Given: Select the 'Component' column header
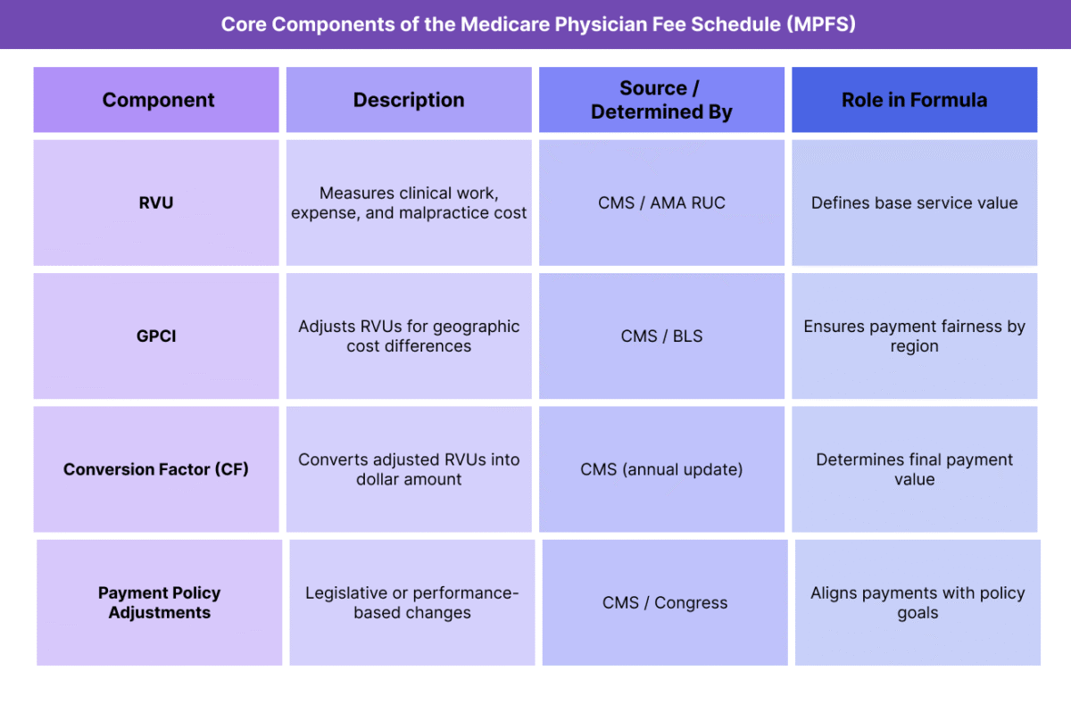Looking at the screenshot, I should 158,100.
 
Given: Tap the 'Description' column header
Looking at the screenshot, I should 409,100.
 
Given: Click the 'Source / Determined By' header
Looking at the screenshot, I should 661,100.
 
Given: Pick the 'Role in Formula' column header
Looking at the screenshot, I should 914,100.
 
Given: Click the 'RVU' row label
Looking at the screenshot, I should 156,203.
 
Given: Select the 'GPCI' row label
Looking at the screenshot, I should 156,336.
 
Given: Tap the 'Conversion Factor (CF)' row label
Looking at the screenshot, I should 156,469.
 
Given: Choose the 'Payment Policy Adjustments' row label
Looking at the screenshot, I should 159,602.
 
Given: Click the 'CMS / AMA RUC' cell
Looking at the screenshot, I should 661,203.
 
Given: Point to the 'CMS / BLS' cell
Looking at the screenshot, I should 661,336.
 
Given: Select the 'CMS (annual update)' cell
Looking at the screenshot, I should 661,469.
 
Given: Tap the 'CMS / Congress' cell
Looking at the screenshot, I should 665,602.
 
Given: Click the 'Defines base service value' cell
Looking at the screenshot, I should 914,203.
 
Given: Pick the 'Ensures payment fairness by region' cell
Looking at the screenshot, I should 914,336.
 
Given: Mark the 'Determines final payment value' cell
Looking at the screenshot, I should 914,469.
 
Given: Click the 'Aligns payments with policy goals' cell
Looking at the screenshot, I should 917,602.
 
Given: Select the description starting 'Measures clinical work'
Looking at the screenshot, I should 409,203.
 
